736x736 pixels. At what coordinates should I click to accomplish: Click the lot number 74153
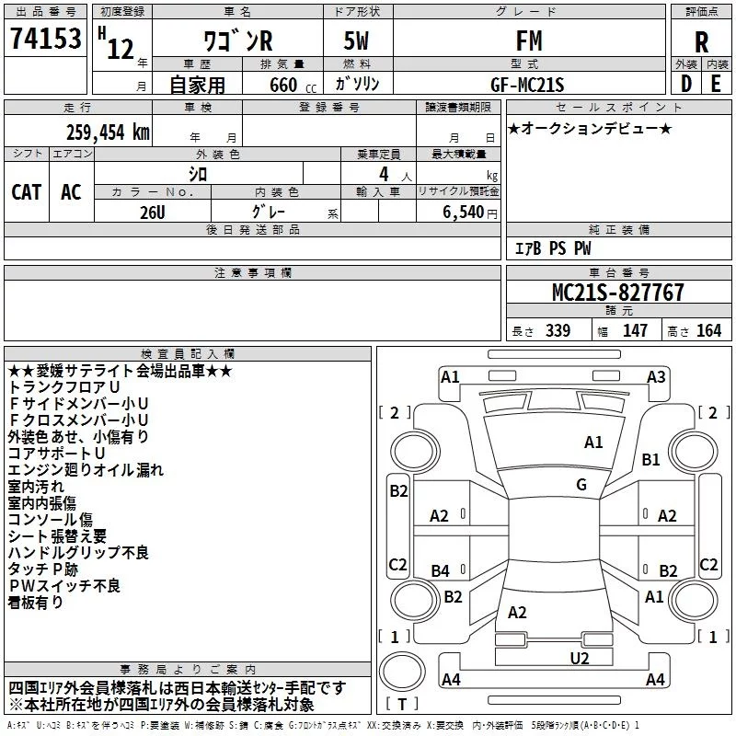(x=45, y=40)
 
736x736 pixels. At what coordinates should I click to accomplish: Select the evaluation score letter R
(x=701, y=42)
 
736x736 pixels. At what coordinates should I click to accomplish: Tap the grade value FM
(x=528, y=41)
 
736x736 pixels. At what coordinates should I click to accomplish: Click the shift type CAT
(x=27, y=192)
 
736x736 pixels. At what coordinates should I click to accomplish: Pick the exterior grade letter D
(x=685, y=84)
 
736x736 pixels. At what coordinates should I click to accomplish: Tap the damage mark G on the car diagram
(x=581, y=485)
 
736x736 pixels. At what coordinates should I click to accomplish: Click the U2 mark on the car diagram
(x=579, y=657)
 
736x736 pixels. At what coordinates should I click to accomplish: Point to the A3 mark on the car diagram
(x=656, y=376)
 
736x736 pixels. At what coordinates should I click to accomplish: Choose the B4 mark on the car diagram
(x=441, y=571)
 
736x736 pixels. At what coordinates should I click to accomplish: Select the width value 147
(x=635, y=330)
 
